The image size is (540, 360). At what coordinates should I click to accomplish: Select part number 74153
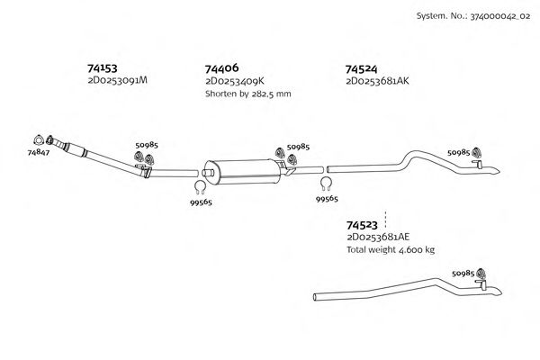102,67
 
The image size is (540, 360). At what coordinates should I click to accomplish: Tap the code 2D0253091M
117,81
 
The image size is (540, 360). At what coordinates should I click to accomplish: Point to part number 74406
221,68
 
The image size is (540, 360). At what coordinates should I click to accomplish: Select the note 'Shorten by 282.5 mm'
247,94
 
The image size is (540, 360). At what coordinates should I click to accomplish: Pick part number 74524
362,68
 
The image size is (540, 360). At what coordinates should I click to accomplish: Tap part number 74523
362,225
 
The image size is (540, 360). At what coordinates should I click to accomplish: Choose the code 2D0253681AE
377,238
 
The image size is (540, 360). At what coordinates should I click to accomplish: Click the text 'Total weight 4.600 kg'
390,249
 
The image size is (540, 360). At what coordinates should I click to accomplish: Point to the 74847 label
38,154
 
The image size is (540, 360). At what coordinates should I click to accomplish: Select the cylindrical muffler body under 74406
241,168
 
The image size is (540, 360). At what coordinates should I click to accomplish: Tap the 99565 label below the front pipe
201,204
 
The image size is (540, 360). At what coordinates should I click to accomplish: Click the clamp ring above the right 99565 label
326,184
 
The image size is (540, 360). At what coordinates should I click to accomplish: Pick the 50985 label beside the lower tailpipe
463,273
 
